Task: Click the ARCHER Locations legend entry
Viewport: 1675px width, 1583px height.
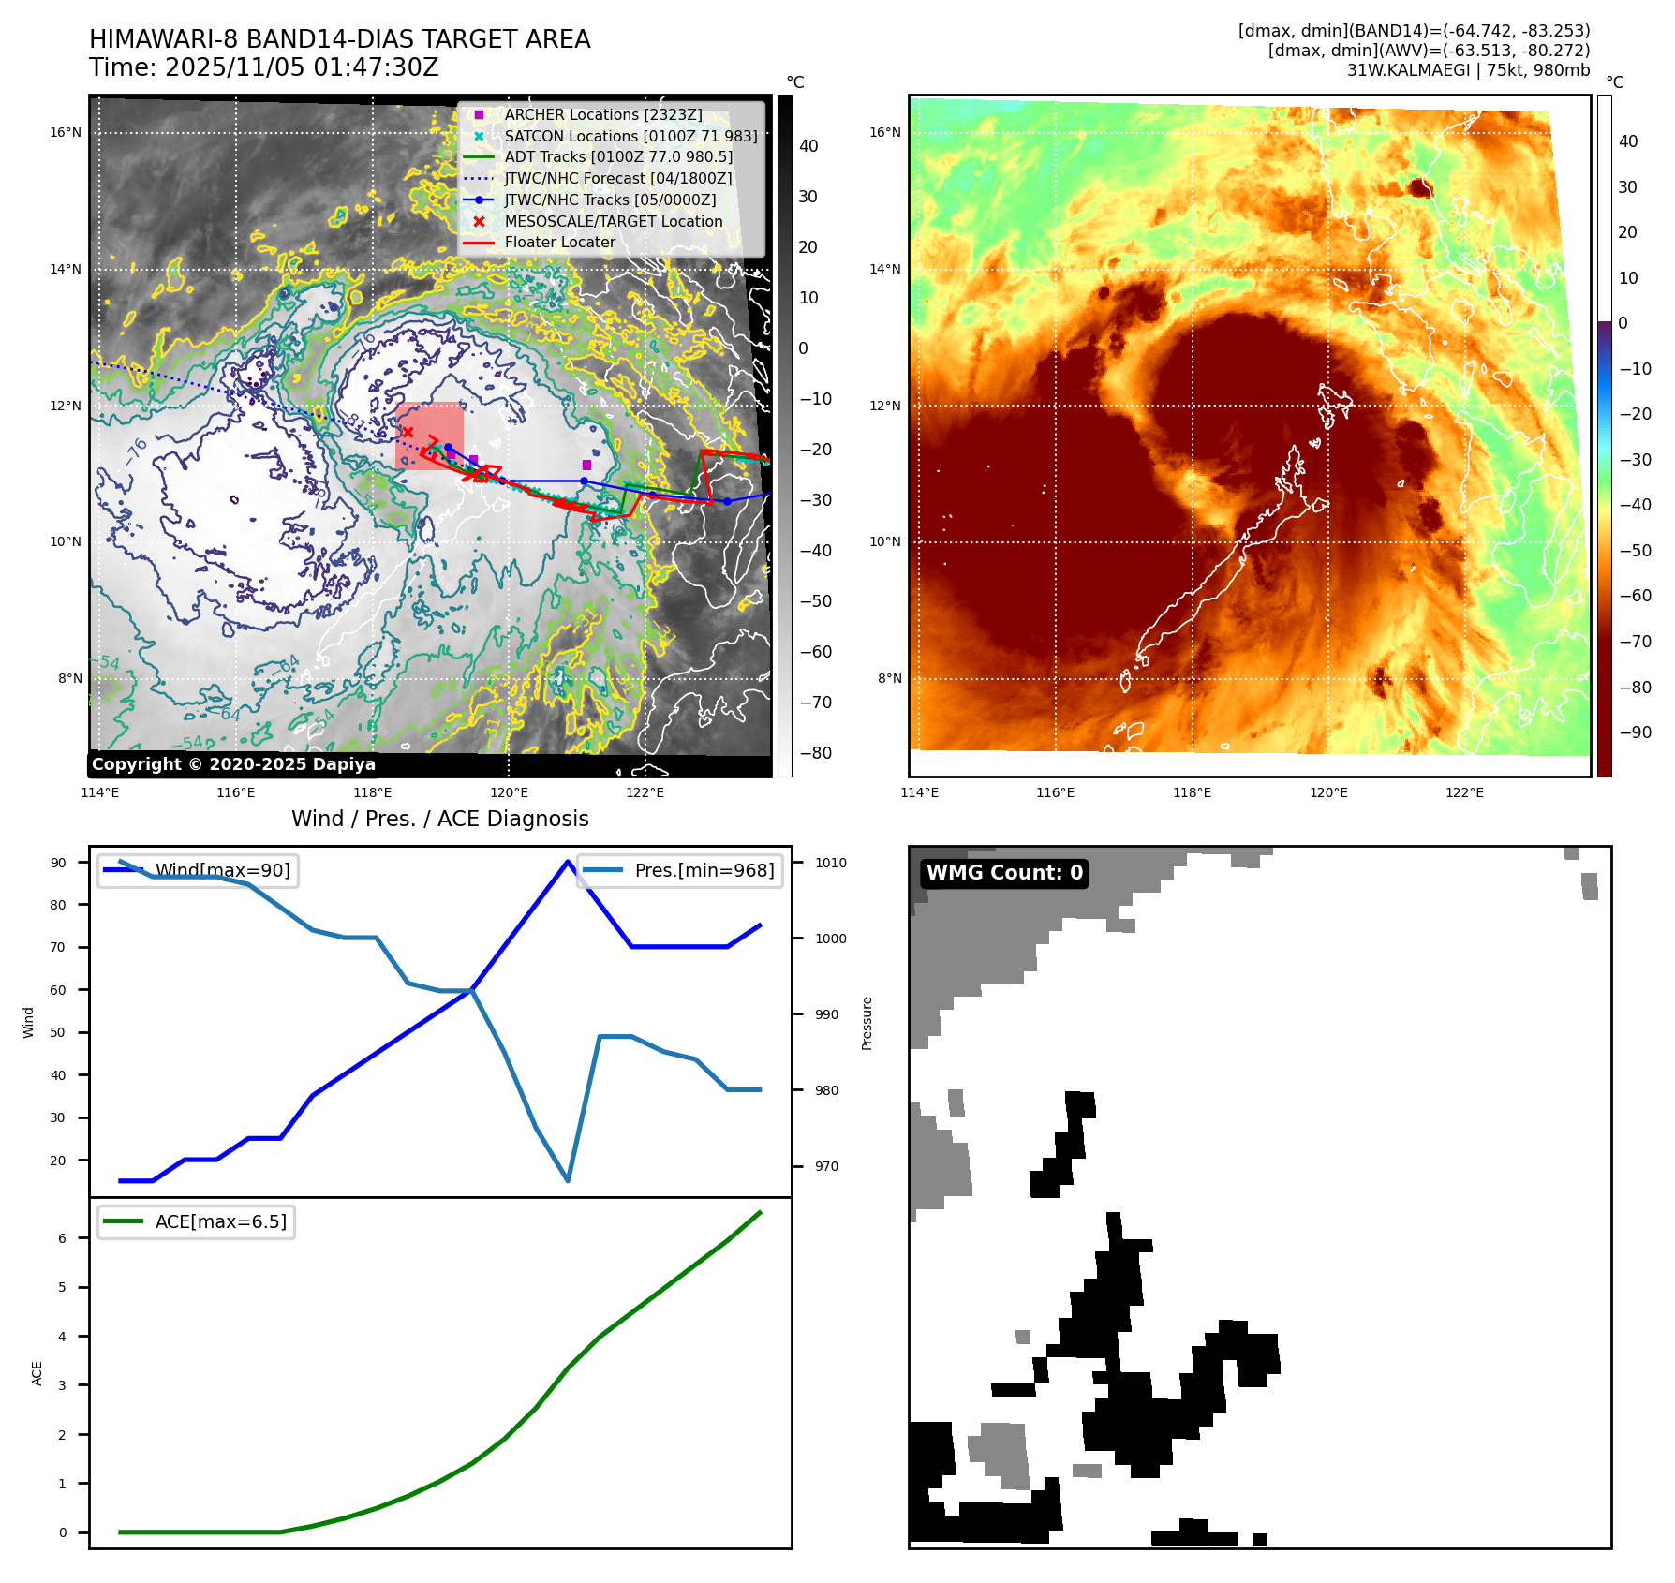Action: [x=602, y=114]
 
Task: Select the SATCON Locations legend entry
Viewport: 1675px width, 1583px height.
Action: [x=630, y=136]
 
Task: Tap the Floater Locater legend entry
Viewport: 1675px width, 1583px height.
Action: [x=559, y=242]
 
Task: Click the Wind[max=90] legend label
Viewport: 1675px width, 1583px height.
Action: [x=222, y=870]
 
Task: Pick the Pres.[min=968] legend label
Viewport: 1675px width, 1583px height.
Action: [x=704, y=870]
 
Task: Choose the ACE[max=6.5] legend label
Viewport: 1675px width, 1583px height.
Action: [x=220, y=1221]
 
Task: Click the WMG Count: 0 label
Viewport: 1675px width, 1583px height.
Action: [x=1004, y=873]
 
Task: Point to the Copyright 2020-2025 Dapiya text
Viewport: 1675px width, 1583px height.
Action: [x=233, y=764]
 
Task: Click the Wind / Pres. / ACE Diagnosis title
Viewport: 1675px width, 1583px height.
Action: [x=439, y=819]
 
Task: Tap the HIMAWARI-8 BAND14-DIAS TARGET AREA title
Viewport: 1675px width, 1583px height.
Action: [x=339, y=39]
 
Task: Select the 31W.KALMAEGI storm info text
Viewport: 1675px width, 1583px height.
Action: [x=1468, y=70]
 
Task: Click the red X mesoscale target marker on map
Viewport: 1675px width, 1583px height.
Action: [x=408, y=432]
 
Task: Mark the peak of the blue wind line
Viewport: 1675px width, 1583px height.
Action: [x=568, y=862]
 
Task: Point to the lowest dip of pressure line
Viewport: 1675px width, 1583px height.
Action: [x=568, y=1180]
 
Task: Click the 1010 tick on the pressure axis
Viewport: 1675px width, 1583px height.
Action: [x=830, y=863]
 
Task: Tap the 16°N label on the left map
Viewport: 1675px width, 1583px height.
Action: [x=66, y=132]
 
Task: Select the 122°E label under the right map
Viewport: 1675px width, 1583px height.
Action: [x=1464, y=792]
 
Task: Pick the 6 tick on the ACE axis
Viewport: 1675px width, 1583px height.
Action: [x=63, y=1238]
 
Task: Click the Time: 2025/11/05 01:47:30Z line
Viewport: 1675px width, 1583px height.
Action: [x=263, y=67]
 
